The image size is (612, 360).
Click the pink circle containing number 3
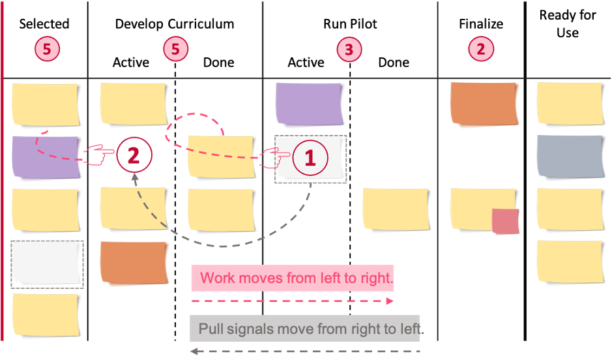(x=349, y=49)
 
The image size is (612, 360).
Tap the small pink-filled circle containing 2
(x=480, y=48)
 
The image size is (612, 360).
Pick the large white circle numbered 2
(x=134, y=155)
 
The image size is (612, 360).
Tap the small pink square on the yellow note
(x=506, y=222)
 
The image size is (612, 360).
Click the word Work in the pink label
(x=218, y=278)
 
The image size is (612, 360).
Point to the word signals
(x=252, y=328)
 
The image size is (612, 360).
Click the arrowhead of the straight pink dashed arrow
(x=390, y=301)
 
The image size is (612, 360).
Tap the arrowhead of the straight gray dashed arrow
(x=194, y=352)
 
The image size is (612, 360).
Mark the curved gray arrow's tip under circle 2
(x=134, y=177)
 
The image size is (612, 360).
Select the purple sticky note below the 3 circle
(x=309, y=104)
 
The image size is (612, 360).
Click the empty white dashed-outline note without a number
(x=47, y=263)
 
